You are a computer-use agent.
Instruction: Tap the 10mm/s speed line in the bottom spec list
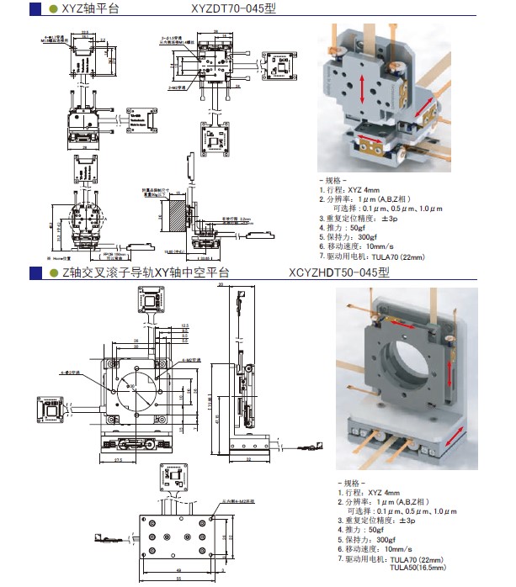point(374,547)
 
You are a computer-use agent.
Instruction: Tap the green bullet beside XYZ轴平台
point(54,9)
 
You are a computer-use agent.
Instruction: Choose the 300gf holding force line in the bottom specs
point(366,538)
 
